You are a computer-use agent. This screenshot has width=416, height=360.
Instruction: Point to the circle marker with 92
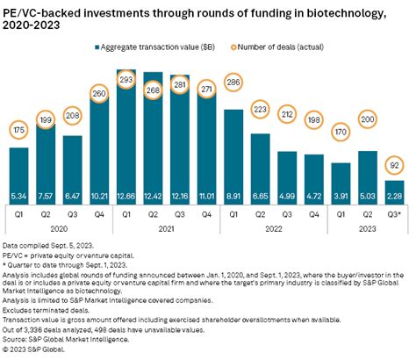coord(395,163)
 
